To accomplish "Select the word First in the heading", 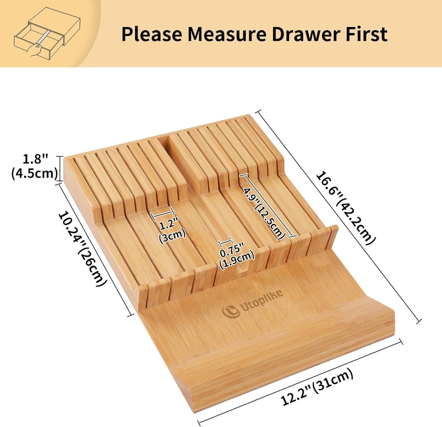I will coord(366,34).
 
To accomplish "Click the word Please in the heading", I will coord(152,34).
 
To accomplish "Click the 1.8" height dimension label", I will coord(36,159).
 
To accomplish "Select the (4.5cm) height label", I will coord(35,173).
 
